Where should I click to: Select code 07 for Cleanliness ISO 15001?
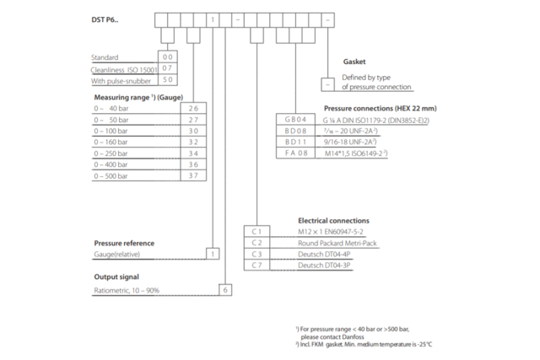[167, 67]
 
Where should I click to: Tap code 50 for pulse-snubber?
[167, 79]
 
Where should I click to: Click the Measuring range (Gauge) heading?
[138, 98]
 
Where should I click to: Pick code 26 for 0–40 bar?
[193, 109]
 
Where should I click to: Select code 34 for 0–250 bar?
[193, 154]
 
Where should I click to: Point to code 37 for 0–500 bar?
[193, 177]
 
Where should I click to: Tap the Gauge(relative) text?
[119, 253]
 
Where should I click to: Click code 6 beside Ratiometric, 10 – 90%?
[224, 290]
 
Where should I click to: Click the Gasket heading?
[354, 62]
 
